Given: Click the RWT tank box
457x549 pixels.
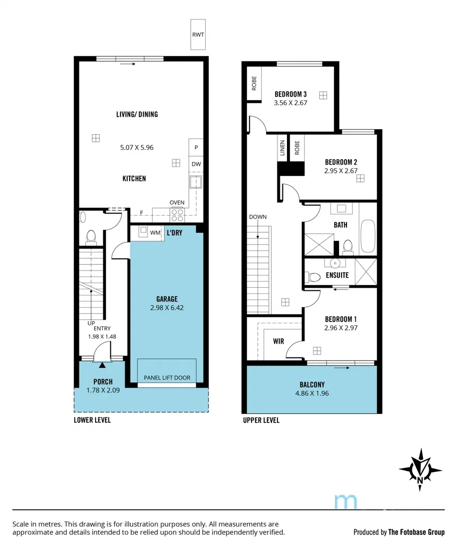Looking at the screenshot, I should pos(197,35).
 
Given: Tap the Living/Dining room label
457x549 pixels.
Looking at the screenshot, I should pos(137,114).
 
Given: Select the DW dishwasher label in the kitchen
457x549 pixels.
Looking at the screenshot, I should pos(196,164).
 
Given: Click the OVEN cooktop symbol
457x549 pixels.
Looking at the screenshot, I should pos(177,215).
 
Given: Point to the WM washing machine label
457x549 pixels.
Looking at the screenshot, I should pos(155,233).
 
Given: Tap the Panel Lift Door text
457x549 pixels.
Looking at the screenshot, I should pos(167,378).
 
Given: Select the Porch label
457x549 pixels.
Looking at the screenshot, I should pos(103,382).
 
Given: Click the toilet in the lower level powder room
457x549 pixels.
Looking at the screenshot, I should pos(92,237).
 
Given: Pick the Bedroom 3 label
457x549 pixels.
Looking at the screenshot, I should pos(291,94).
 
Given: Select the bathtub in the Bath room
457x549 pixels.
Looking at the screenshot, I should pos(367,237).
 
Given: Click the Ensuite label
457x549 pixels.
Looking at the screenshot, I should pos(337,275).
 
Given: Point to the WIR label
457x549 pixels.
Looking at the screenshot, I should pos(278,341).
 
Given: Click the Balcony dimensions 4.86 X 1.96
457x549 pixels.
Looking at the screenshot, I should pos(312,393).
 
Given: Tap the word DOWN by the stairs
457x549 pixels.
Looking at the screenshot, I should pos(258,217).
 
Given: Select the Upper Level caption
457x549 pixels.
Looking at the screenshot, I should pos(261,420).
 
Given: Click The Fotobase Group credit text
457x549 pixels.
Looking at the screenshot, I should pos(416,532).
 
